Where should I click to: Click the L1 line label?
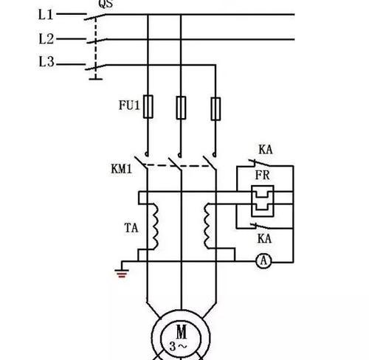click(46, 15)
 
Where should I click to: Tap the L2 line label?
click(46, 39)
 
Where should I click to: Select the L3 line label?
click(46, 61)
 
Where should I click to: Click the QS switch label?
click(106, 4)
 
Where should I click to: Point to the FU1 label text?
click(129, 105)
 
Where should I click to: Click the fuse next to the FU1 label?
click(148, 106)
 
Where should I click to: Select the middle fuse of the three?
click(181, 108)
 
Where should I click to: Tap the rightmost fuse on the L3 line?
click(215, 109)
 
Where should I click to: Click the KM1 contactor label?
click(122, 169)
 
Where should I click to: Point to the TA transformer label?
click(131, 228)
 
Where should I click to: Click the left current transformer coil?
click(155, 226)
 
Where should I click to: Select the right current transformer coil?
click(207, 226)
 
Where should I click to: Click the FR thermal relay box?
click(263, 201)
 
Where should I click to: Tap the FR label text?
click(263, 176)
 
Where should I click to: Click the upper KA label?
click(266, 150)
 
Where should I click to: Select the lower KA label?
click(265, 238)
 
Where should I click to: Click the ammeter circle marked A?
click(263, 260)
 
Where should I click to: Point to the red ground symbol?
click(122, 274)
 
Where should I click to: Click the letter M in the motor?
click(182, 331)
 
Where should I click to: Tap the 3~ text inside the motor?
click(178, 347)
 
